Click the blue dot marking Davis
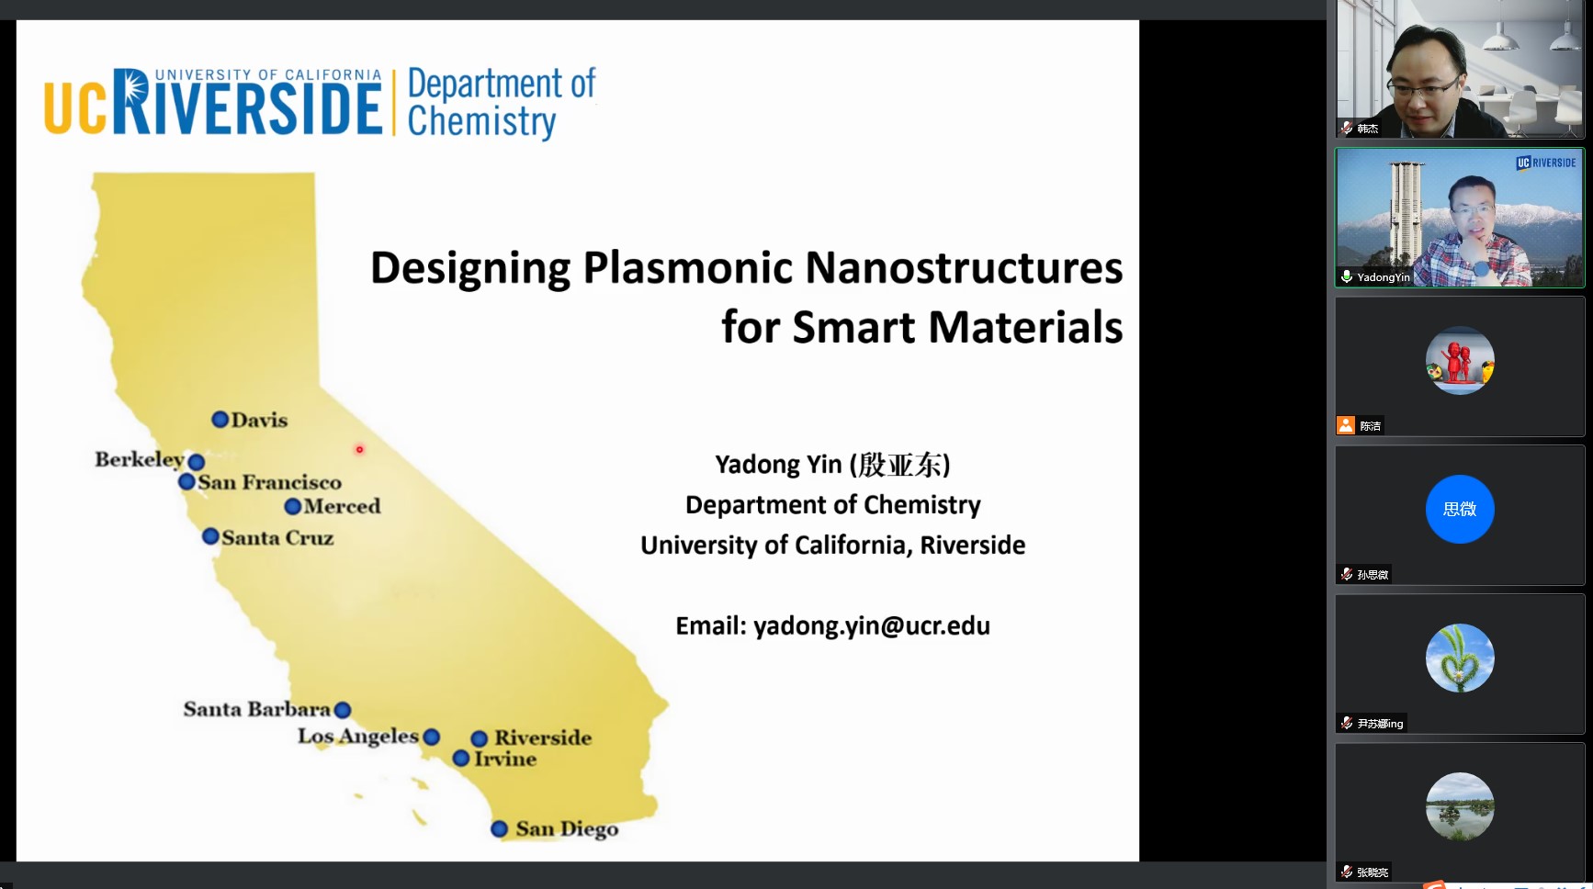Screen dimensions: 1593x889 tap(220, 420)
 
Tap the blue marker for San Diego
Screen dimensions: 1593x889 tap(499, 829)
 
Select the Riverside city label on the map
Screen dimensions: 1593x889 tap(543, 737)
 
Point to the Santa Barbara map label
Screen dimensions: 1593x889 tap(256, 709)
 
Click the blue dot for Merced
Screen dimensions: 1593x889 tap(292, 506)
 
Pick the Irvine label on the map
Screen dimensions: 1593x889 tap(505, 759)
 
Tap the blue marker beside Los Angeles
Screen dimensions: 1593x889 tap(432, 737)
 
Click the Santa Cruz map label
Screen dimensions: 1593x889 tap(277, 537)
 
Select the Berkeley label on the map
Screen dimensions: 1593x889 tap(140, 459)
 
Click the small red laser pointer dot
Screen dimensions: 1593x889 tap(359, 449)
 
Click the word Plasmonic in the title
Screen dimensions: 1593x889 tap(688, 268)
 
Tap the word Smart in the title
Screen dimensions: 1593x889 tap(853, 327)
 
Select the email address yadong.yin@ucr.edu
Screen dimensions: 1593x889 tap(872, 626)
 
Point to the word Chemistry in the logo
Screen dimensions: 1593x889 tap(481, 122)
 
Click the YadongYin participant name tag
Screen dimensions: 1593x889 tap(1383, 276)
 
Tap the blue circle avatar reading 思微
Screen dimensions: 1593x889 tap(1460, 509)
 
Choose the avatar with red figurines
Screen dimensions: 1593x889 tap(1460, 360)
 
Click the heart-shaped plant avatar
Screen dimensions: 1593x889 tap(1460, 658)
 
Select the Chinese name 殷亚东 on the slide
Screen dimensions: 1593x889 tap(900, 465)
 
